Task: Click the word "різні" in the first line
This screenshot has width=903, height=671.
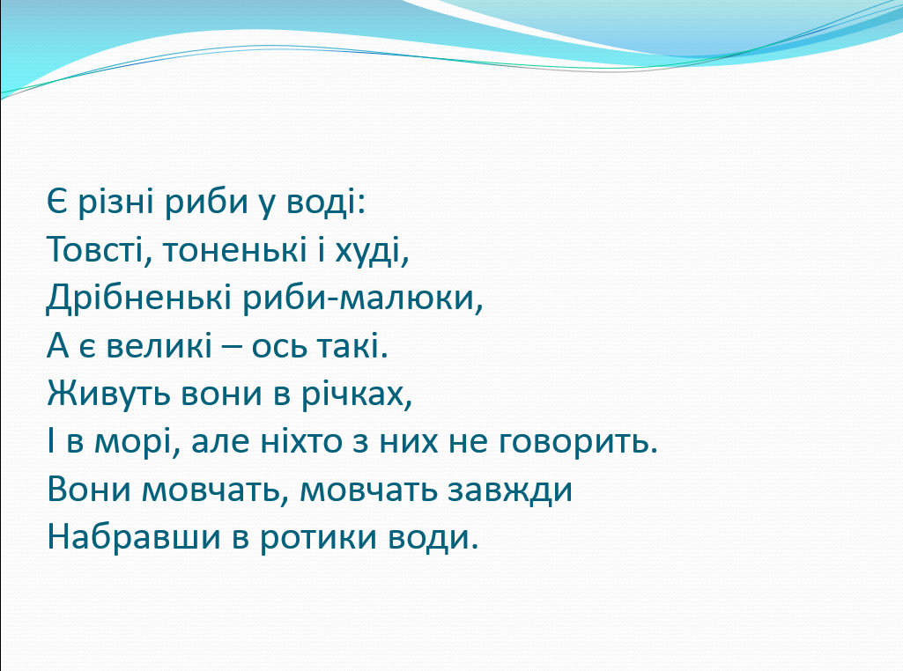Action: coord(115,203)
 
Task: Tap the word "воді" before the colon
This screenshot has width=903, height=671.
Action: coord(321,202)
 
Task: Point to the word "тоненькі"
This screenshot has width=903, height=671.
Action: coord(234,250)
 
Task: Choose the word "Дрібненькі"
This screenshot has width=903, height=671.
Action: coord(139,299)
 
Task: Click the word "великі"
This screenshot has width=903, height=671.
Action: coord(159,346)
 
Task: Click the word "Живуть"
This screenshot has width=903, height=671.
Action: coord(109,394)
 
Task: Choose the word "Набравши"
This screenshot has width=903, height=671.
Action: coord(134,537)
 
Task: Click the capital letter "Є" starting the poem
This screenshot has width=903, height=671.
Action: coord(57,202)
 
